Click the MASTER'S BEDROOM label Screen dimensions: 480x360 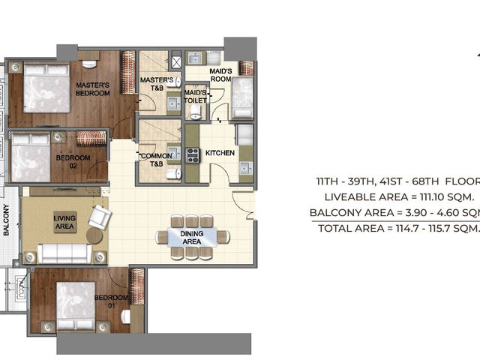click(93, 89)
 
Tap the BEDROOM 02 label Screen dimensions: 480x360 click(73, 162)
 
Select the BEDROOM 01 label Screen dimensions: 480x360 click(111, 301)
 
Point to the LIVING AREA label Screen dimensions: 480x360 click(64, 222)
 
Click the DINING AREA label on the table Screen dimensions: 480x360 click(192, 238)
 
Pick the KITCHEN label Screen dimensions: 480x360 click(220, 153)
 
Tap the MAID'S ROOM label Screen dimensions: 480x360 click(220, 75)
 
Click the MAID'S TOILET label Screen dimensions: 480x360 click(195, 97)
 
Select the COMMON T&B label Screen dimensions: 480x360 click(157, 160)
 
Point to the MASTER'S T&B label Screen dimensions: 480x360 click(157, 84)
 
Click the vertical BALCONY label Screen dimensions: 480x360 click(7, 220)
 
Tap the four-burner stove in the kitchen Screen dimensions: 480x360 click(193, 155)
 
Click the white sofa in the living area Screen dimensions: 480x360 click(64, 253)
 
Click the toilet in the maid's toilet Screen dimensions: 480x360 click(195, 112)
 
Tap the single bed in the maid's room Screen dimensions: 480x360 click(242, 98)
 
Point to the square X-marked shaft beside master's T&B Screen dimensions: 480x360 click(176, 62)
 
